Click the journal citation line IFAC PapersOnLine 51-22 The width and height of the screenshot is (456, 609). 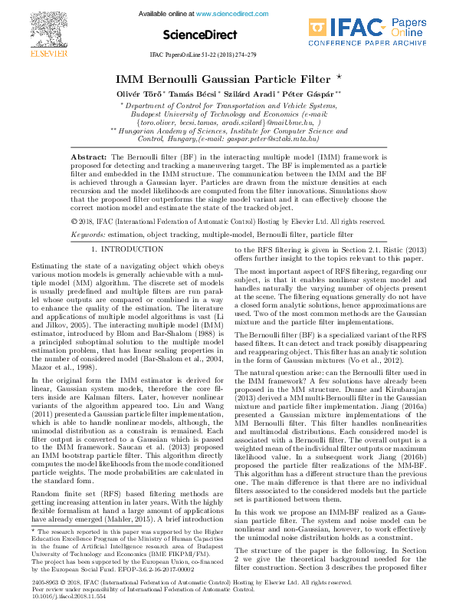point(203,56)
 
